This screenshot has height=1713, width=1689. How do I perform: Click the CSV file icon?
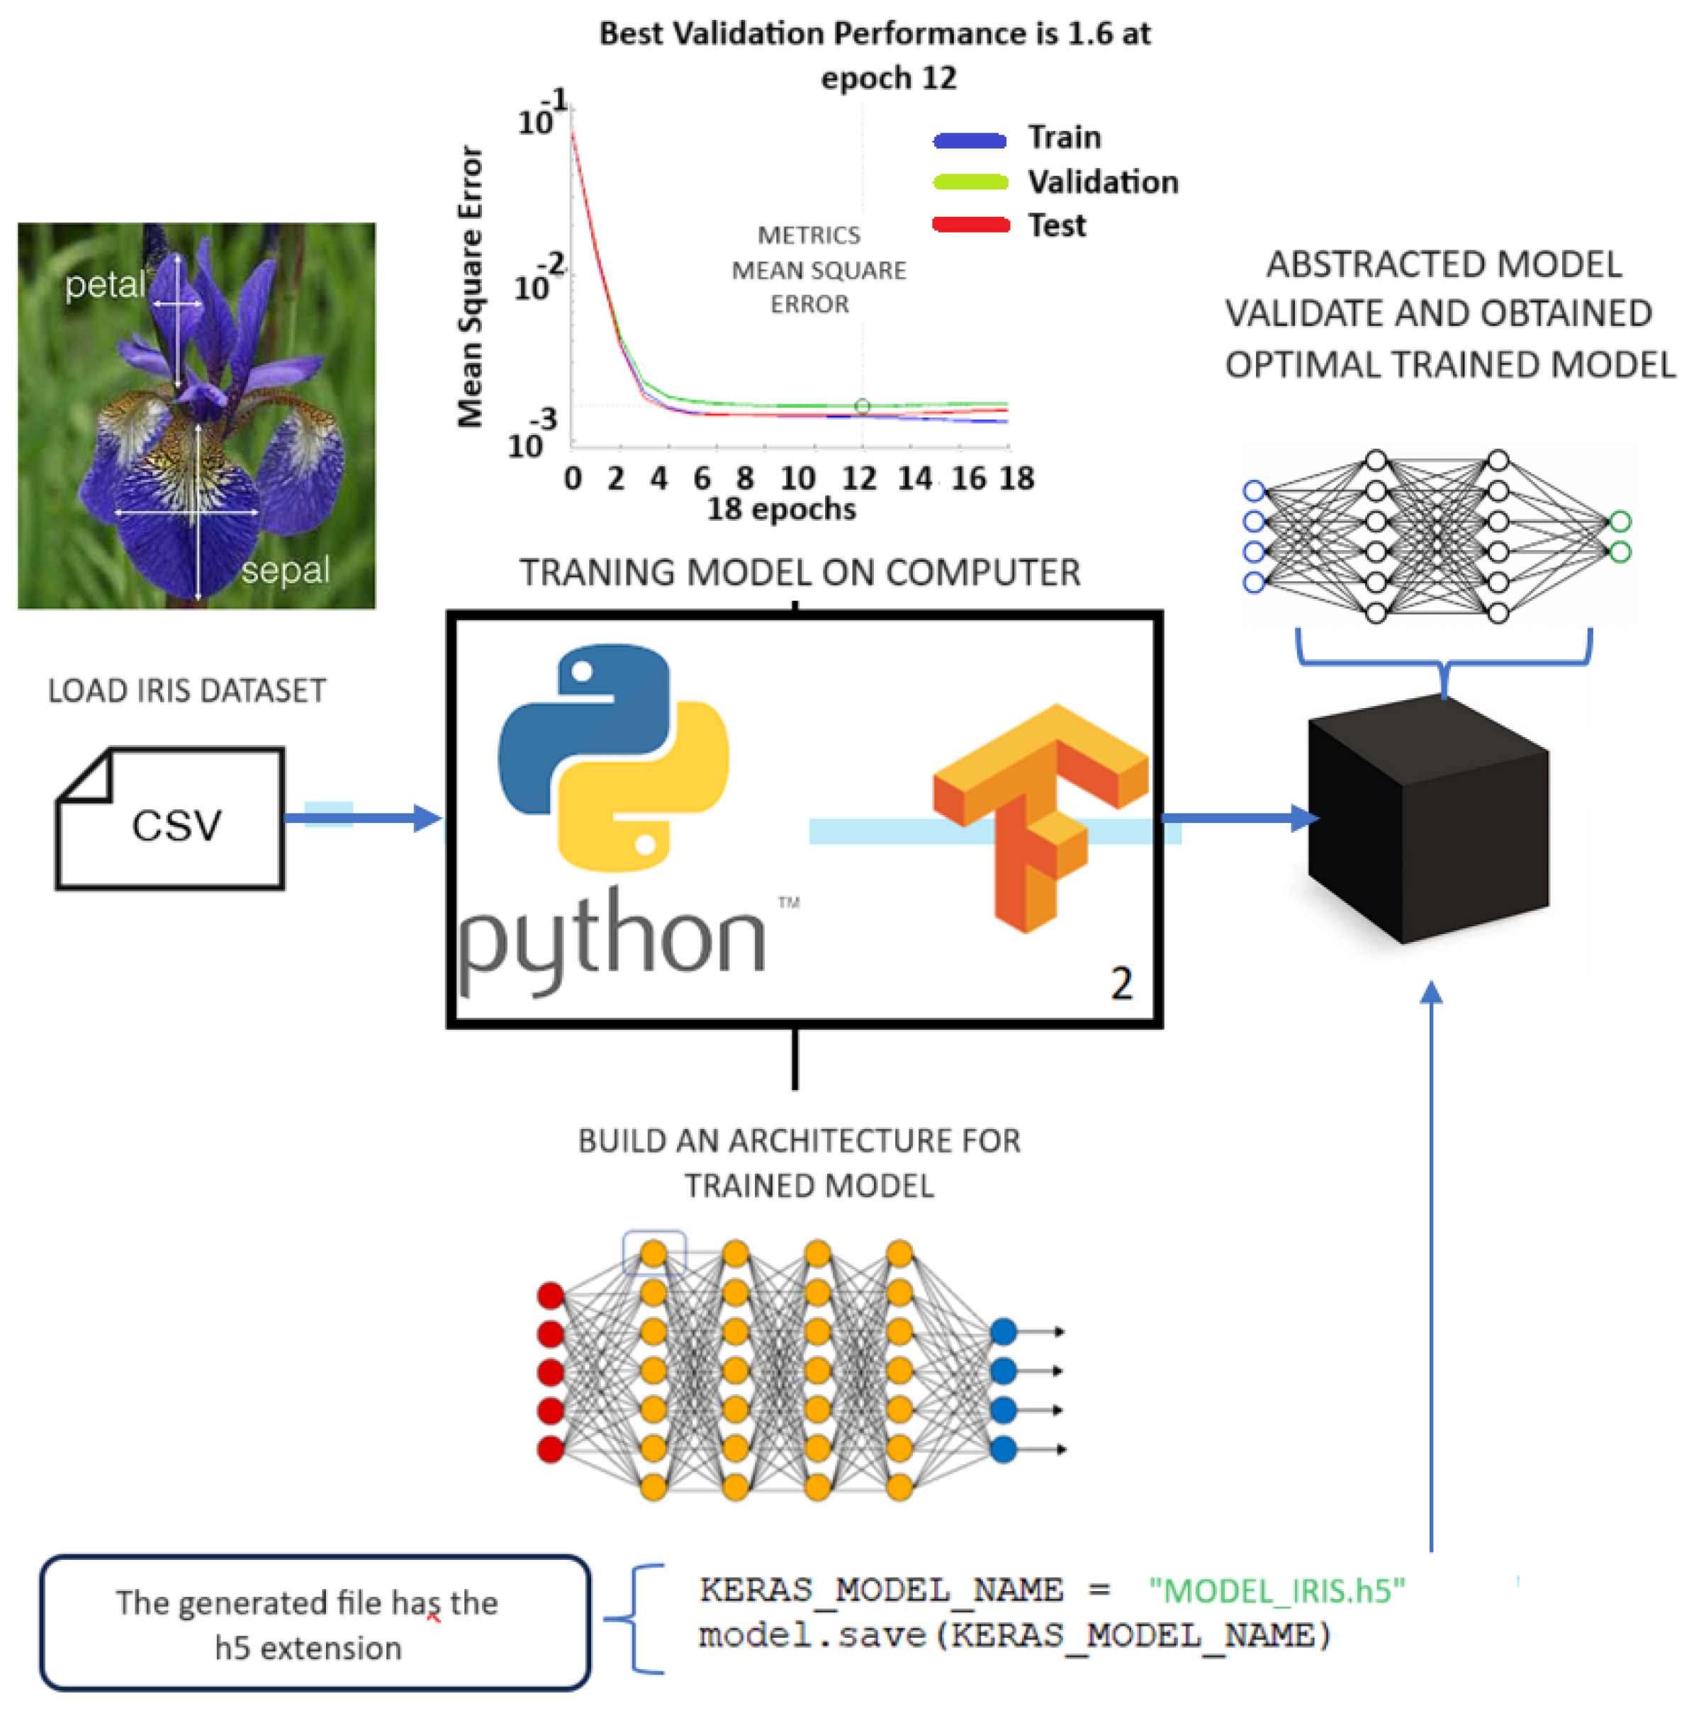click(170, 817)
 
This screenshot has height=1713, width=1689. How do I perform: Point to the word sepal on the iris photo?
click(285, 569)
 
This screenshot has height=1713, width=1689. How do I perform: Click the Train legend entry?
click(1063, 137)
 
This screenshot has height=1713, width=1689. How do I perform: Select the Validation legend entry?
click(1102, 181)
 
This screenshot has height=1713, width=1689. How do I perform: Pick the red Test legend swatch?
click(970, 225)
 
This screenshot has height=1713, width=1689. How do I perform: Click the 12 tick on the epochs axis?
click(858, 479)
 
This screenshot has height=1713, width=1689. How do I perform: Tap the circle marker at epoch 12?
click(862, 406)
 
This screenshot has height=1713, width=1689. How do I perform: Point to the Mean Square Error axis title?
click(469, 286)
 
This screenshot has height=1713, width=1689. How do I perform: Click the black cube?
click(1427, 820)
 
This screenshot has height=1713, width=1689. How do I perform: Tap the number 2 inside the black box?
click(1121, 983)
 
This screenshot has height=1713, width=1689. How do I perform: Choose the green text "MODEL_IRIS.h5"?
click(1276, 1590)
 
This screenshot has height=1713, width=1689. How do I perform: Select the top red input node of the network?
click(551, 1296)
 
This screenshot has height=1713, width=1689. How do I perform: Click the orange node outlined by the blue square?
click(653, 1254)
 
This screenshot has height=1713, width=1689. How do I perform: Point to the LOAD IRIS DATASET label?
click(186, 691)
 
